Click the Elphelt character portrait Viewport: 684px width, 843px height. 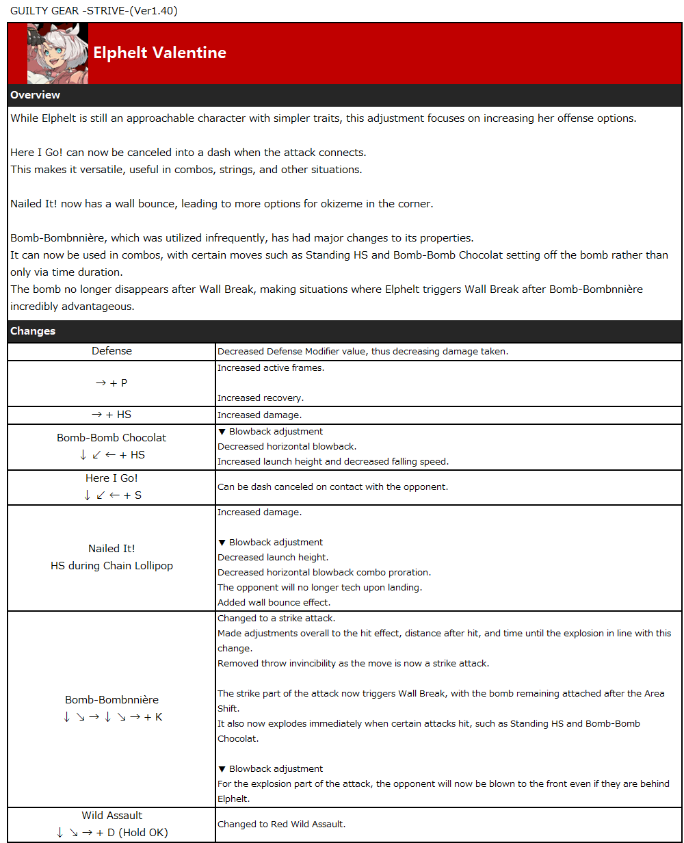57,53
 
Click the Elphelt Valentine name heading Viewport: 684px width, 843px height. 159,53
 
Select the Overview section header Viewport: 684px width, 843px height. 36,95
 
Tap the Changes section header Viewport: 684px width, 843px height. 33,331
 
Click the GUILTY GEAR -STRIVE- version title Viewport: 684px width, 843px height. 94,10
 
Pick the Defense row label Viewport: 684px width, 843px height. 111,351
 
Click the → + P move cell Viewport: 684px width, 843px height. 111,383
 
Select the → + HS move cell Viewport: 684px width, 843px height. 111,415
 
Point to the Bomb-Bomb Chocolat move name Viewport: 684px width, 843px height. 111,438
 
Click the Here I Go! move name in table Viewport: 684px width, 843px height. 111,478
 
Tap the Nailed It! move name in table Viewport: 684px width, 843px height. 111,549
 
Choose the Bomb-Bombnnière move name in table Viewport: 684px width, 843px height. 111,700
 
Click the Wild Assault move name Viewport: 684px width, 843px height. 111,816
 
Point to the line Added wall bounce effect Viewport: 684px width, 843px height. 274,603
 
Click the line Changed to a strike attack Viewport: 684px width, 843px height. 276,618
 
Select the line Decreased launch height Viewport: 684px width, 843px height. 272,558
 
